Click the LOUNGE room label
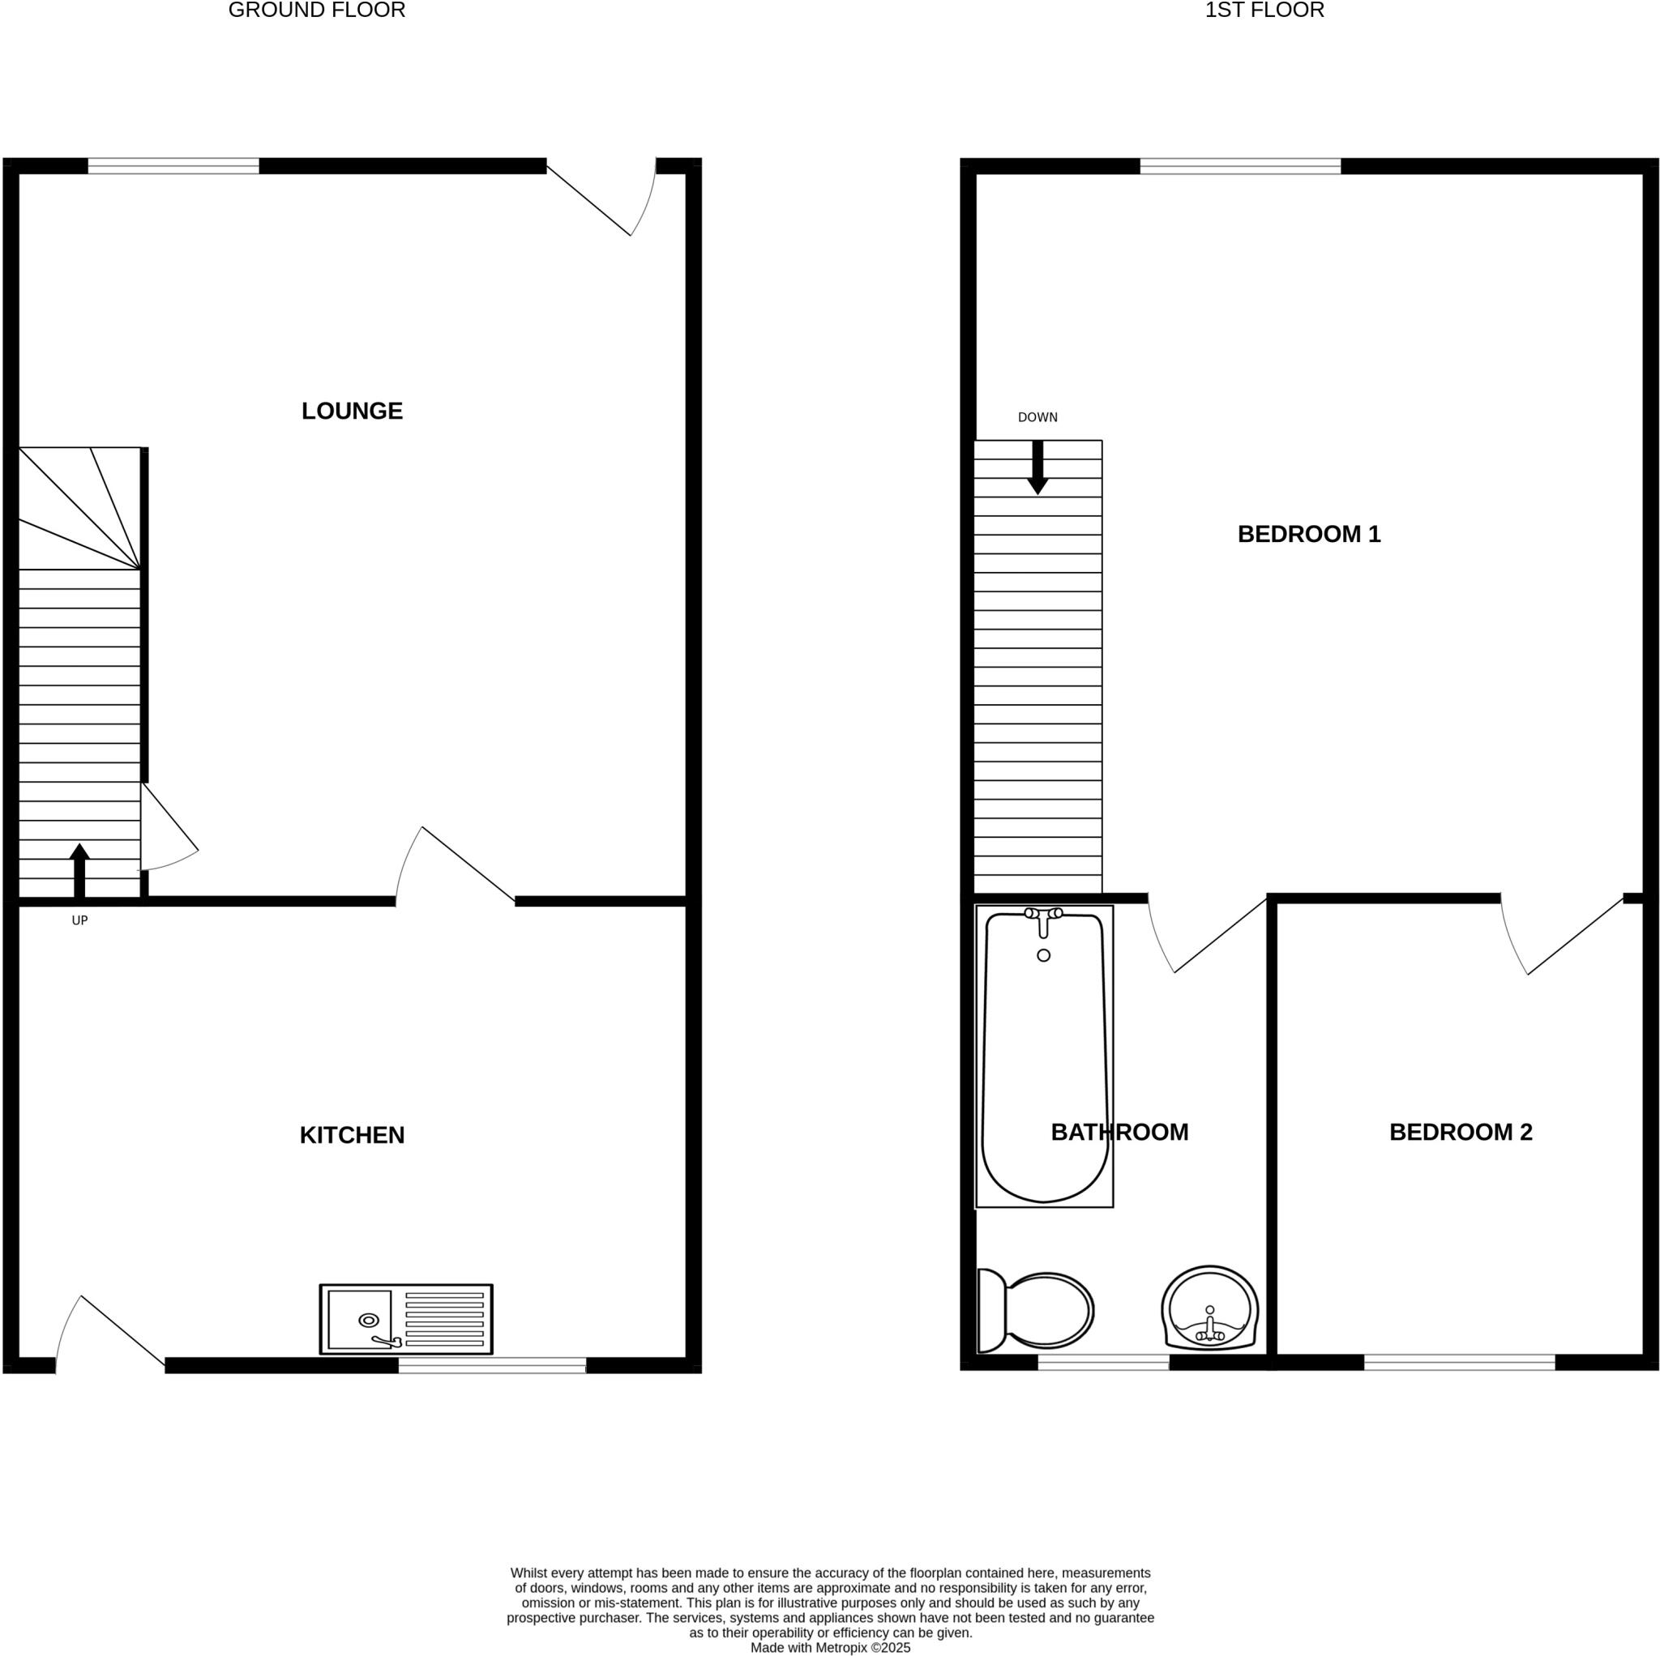tap(352, 411)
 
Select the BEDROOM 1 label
tap(1307, 534)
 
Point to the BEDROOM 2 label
tap(1460, 1132)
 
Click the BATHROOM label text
tap(1119, 1132)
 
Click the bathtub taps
tap(1043, 916)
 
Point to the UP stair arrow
tap(79, 869)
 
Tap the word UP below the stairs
tap(79, 920)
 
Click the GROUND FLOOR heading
tap(316, 11)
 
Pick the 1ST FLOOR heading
tap(1264, 11)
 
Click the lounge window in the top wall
tap(173, 166)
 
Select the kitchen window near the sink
tap(491, 1365)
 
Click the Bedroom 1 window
tap(1239, 166)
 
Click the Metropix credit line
tap(830, 1647)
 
